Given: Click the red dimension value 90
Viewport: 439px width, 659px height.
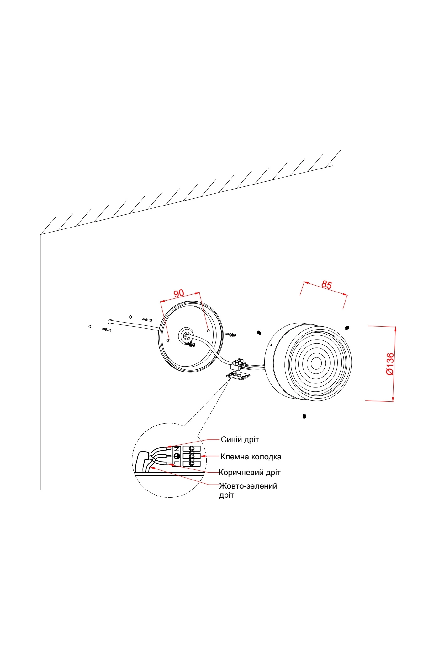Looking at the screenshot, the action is coord(179,293).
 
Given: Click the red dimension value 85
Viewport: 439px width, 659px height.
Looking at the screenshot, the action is coord(326,285).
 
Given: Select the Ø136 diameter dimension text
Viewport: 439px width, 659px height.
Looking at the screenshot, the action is coord(390,364).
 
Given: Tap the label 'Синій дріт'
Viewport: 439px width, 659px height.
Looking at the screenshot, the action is coord(240,439).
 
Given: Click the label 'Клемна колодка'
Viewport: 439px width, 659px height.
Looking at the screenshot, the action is coord(251,457).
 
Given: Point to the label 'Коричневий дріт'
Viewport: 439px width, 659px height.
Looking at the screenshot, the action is coord(250,472).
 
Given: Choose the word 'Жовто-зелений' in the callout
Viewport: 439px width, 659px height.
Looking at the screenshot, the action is coord(248,486).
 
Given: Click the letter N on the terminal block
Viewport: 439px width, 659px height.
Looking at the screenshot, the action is coord(177,449).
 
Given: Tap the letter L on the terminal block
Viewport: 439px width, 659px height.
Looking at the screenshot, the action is coord(177,463).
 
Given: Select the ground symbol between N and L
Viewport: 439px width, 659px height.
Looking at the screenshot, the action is coord(177,456).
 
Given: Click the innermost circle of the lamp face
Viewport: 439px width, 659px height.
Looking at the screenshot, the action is coord(316,363).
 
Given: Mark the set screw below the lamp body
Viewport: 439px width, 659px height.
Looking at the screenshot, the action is coord(304,416).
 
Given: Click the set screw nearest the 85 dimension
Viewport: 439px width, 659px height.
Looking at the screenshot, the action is coord(347,328).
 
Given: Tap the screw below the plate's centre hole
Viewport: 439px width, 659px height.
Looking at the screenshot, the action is coord(191,345).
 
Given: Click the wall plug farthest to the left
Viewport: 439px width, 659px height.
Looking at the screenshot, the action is coord(106,329).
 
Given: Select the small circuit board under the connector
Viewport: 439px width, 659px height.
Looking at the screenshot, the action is coord(238,375).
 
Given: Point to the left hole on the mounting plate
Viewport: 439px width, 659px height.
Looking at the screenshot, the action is coord(168,340).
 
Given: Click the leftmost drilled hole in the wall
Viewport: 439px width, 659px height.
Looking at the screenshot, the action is coord(90,327).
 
